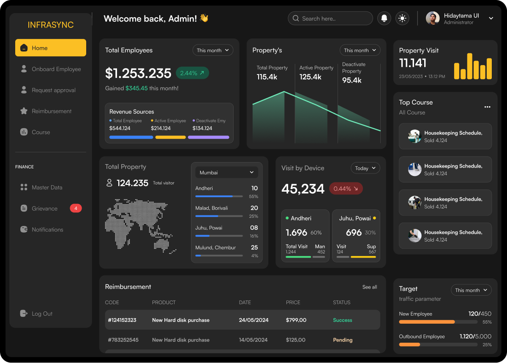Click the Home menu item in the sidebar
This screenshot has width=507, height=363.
[50, 48]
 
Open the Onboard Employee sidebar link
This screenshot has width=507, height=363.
[56, 69]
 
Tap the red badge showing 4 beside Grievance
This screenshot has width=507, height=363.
[76, 208]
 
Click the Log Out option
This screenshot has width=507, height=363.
[42, 313]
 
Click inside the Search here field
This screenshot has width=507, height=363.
[334, 19]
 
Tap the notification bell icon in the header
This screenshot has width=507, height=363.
[384, 18]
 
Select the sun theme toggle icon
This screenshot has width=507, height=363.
[402, 18]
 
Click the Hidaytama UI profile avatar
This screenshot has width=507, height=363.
[433, 18]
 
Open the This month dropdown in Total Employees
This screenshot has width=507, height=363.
[213, 50]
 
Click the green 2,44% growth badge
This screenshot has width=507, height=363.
[192, 73]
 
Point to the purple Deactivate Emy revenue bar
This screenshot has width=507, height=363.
[208, 137]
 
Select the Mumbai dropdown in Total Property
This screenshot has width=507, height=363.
[226, 173]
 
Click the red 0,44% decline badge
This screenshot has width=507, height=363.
[346, 189]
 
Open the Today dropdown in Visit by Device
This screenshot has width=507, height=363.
[365, 168]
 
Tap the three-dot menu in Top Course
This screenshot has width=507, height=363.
[487, 107]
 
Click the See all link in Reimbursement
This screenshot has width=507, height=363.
[369, 287]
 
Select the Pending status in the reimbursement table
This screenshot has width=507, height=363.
[342, 340]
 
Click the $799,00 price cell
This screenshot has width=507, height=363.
[296, 320]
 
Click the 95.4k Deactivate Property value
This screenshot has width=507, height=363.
[352, 80]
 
